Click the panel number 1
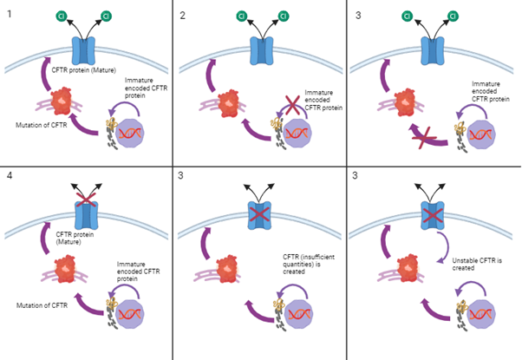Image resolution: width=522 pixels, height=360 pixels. point(9,16)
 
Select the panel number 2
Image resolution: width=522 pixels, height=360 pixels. point(182,16)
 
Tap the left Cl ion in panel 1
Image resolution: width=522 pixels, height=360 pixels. point(61,16)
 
